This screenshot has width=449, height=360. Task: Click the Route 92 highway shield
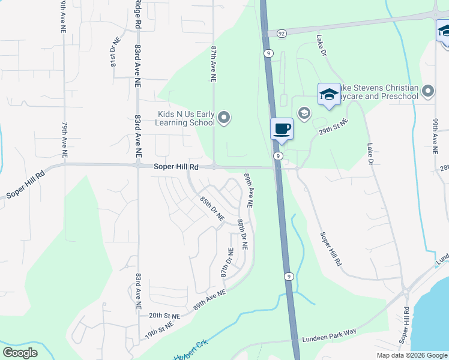tap(282, 34)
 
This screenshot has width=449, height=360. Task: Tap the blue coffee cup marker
tap(282, 128)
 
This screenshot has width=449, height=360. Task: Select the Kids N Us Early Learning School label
tap(185, 118)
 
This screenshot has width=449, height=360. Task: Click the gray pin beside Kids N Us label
tap(224, 118)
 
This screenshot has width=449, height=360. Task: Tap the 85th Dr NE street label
tap(212, 208)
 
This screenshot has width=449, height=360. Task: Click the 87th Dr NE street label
tap(227, 263)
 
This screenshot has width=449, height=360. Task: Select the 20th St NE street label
tap(164, 315)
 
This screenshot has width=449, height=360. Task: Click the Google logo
tap(20, 353)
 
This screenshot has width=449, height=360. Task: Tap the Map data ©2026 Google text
tap(411, 355)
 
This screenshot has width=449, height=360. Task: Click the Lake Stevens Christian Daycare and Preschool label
tap(378, 92)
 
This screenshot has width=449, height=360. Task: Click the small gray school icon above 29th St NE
tap(304, 113)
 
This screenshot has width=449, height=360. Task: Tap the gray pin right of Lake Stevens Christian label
tap(428, 91)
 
